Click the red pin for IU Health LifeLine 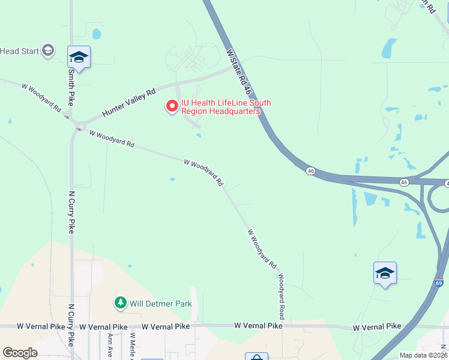pos(172,106)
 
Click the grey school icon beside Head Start pos(48,51)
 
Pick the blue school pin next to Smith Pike pos(79,58)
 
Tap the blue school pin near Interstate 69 pos(385,274)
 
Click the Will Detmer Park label pos(161,304)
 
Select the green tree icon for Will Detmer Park pos(121,303)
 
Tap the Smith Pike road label pos(71,86)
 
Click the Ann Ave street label pos(110,344)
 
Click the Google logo pos(20,353)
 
